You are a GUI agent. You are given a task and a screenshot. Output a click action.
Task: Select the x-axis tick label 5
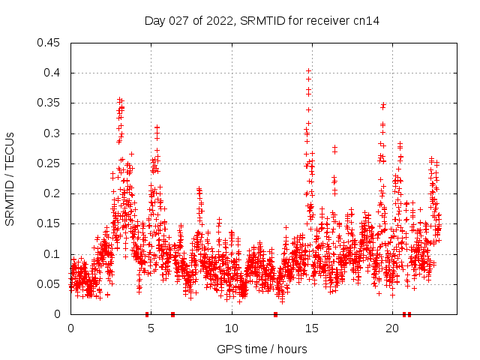click(151, 328)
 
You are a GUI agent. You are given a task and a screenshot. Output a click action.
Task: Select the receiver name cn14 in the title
click(367, 20)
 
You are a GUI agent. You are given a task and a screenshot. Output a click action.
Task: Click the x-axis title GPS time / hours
click(262, 349)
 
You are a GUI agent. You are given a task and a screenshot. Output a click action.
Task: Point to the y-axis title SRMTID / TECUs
click(10, 178)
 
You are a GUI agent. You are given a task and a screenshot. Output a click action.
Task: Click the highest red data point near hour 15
click(308, 71)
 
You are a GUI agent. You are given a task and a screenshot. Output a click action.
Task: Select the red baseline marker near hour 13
click(275, 314)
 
